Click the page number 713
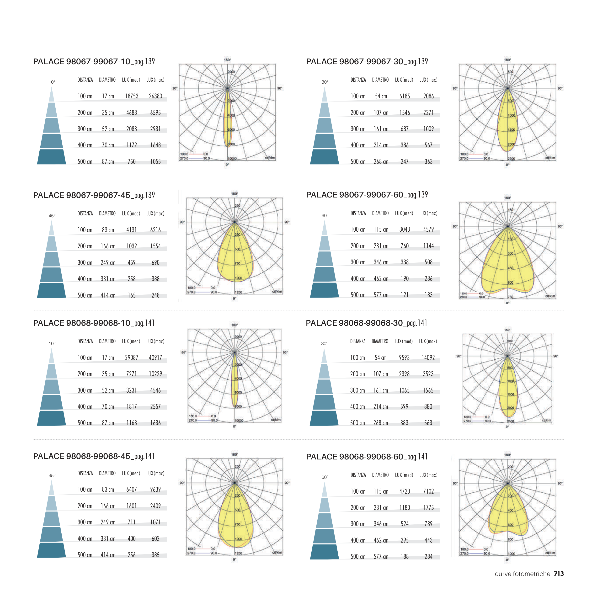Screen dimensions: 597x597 [559, 574]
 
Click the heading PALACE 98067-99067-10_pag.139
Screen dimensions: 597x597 [94, 62]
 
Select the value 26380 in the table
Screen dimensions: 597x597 [155, 96]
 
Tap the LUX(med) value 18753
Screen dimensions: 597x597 [132, 96]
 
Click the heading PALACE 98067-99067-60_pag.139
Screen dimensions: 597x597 [367, 195]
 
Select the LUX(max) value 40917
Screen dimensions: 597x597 [155, 357]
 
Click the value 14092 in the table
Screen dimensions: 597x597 [428, 357]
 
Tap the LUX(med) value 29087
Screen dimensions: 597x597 [132, 357]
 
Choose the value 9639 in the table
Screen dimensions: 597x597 [155, 490]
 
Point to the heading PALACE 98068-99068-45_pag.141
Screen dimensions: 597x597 [94, 456]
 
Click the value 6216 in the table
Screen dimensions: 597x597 [155, 230]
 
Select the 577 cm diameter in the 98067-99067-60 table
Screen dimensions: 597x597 [381, 295]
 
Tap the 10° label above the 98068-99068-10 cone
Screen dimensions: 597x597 [52, 343]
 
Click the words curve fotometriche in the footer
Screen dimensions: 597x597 [522, 574]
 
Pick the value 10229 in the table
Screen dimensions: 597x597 [155, 374]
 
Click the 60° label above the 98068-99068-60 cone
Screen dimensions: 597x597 [325, 477]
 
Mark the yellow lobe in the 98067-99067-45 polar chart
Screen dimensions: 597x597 [235, 256]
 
